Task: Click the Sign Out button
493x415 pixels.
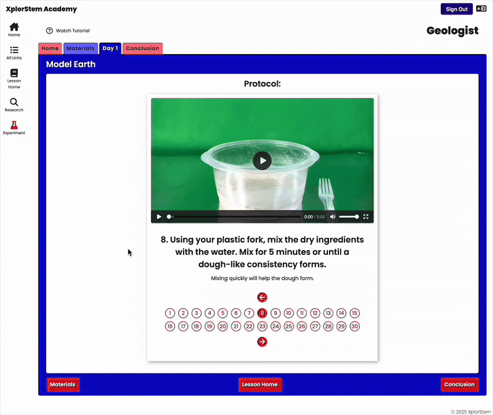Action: click(x=457, y=9)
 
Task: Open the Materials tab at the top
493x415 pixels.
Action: click(x=81, y=49)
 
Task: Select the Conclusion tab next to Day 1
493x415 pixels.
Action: click(x=142, y=49)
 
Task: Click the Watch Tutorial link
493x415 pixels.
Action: click(x=68, y=31)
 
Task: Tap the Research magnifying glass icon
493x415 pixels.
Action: click(x=14, y=102)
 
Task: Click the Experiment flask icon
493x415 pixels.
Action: click(x=14, y=125)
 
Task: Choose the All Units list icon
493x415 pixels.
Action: click(x=14, y=50)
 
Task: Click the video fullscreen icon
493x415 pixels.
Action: click(x=365, y=217)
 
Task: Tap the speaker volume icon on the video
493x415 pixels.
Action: click(x=333, y=217)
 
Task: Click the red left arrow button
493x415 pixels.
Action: click(x=263, y=297)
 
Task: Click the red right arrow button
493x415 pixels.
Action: click(x=263, y=342)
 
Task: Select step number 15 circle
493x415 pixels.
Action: click(x=355, y=313)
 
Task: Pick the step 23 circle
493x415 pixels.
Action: click(x=263, y=326)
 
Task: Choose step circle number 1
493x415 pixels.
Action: click(x=170, y=313)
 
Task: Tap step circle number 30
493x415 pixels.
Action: click(x=355, y=326)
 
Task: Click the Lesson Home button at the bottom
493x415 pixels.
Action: click(x=260, y=385)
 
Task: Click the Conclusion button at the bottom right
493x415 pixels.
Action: click(x=459, y=385)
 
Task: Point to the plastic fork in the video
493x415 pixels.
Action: click(x=327, y=194)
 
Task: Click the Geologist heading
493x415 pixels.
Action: click(x=452, y=30)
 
